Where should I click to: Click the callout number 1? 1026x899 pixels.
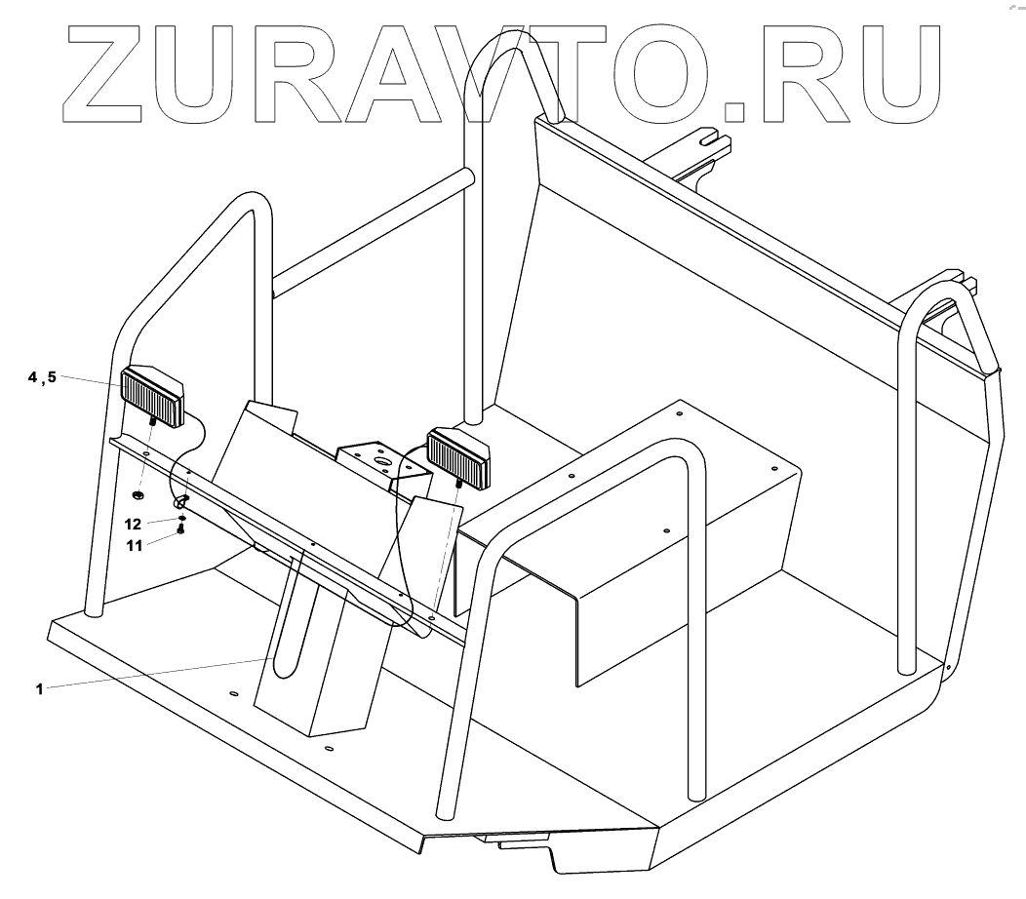click(x=39, y=688)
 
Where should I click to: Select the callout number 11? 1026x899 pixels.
click(x=136, y=545)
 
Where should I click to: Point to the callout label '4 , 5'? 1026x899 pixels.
click(x=42, y=377)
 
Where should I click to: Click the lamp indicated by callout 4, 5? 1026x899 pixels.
click(x=152, y=396)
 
